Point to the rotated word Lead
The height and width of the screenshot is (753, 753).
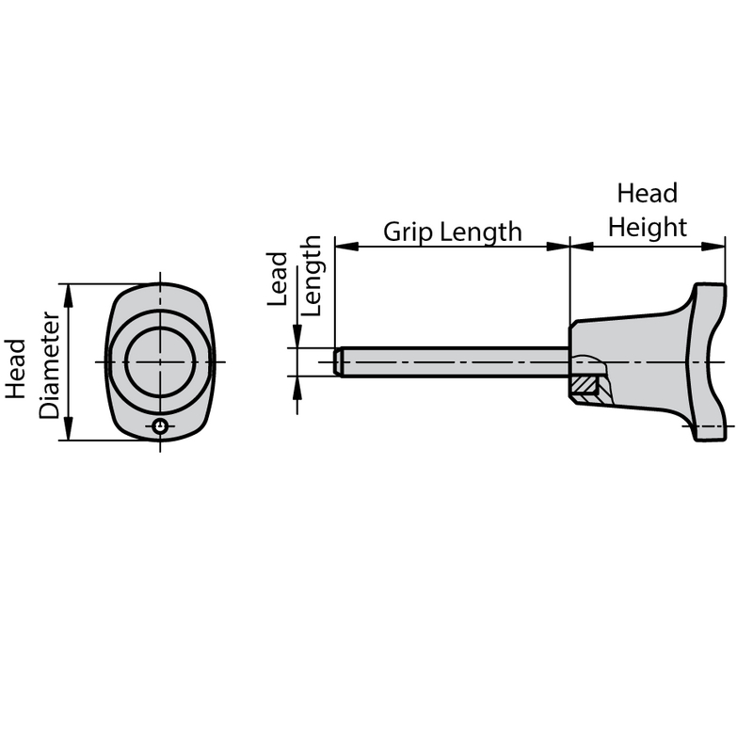click(279, 279)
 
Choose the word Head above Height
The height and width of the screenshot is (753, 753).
click(647, 194)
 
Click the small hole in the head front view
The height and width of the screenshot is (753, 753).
click(162, 427)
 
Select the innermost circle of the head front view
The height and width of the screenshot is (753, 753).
click(161, 361)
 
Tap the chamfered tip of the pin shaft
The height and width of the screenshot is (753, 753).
click(338, 361)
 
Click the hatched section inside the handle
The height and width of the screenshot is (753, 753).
click(587, 384)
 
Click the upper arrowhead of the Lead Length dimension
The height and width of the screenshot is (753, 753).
click(297, 338)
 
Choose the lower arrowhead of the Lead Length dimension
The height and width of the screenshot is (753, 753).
click(297, 385)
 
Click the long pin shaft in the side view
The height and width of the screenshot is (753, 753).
click(452, 361)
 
